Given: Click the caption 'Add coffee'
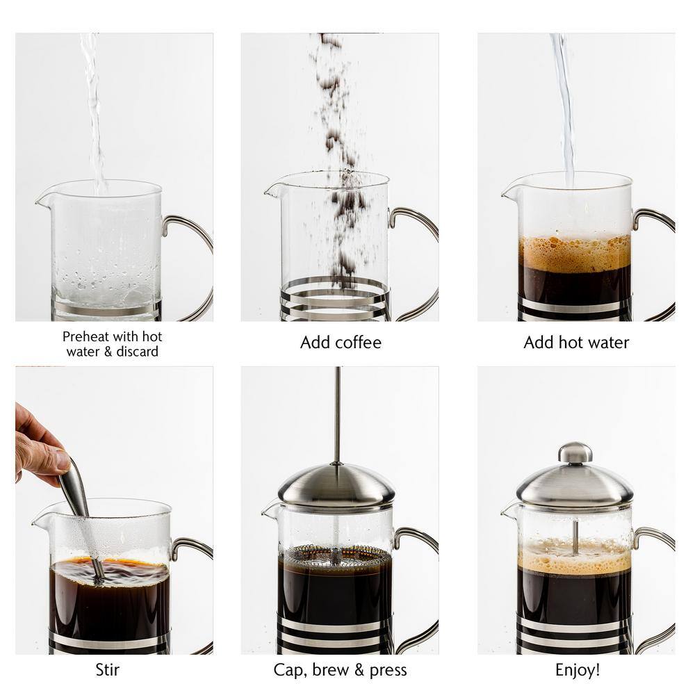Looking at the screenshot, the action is point(341,343).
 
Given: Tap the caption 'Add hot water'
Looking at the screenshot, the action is point(576,343).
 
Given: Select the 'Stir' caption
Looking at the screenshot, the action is point(107,670).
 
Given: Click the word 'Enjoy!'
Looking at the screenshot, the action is point(577,670).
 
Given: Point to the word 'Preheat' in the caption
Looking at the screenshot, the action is point(85,337).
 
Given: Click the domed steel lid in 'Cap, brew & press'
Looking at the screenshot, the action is point(336,486).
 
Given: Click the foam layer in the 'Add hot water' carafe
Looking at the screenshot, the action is point(575,253).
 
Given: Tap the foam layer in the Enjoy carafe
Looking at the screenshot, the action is point(575,556).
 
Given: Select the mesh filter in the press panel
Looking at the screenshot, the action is point(335,556).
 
